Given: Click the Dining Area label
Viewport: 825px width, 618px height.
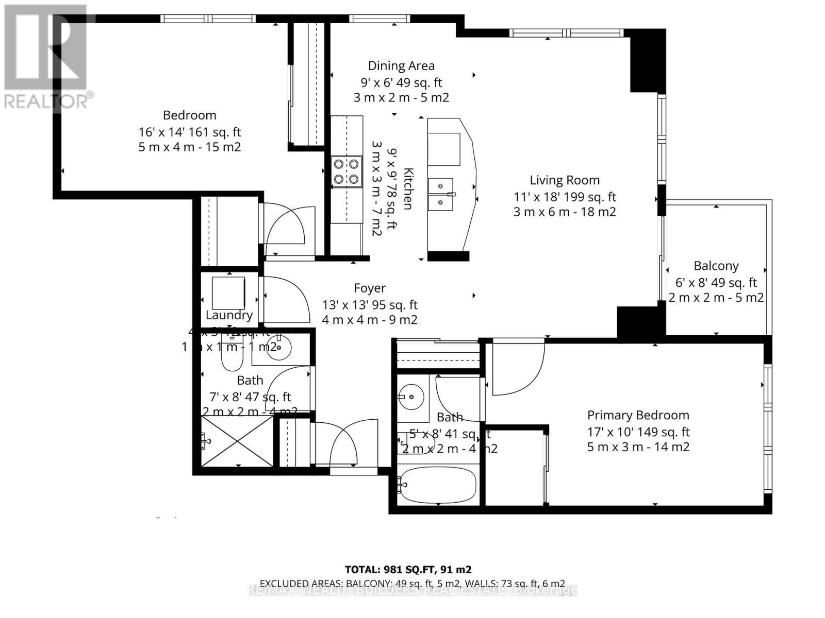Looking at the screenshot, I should (401, 66).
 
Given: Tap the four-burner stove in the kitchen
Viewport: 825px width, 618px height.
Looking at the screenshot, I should (346, 171).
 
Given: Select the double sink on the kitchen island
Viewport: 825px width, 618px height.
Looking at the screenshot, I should (441, 194).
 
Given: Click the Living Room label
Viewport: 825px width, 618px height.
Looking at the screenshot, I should (565, 180).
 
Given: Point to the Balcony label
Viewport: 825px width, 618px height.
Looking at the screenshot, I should (716, 266).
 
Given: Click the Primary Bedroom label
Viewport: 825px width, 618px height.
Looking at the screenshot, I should (638, 415).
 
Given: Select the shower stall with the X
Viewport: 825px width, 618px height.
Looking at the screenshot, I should (237, 441).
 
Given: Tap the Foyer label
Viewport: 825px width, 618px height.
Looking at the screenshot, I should (370, 288).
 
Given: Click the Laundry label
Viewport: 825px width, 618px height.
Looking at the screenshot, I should (229, 315).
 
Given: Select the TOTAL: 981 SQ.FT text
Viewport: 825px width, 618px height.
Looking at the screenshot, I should (408, 570).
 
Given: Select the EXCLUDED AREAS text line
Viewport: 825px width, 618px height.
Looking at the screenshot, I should (412, 583).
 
